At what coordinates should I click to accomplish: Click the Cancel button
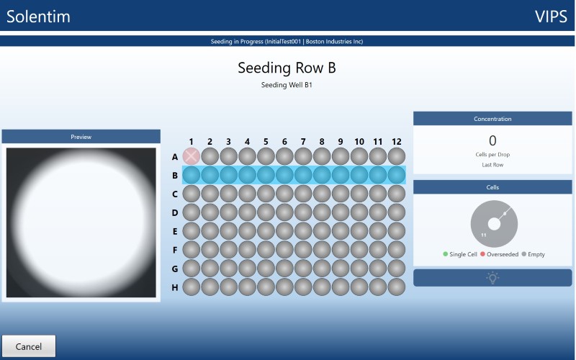point(29,346)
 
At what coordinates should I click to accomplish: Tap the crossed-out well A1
point(192,156)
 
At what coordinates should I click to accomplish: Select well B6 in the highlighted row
point(284,175)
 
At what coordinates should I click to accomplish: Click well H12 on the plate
point(397,287)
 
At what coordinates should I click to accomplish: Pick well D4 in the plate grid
point(247,212)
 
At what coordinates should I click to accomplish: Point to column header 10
point(359,142)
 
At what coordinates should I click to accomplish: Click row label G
point(175,269)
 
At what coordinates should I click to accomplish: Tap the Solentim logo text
point(38,17)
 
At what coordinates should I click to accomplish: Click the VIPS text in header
point(551,17)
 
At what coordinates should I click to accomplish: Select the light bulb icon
point(492,278)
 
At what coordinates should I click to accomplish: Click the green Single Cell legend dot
point(446,254)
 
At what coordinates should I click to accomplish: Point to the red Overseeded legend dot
point(482,254)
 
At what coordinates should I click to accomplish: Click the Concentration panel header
point(492,119)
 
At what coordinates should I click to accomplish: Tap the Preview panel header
point(81,137)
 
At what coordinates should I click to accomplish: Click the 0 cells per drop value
point(492,140)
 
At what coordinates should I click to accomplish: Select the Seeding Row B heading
point(287,68)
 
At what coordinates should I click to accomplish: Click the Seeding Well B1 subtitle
point(287,85)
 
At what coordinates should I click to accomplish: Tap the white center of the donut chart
point(494,224)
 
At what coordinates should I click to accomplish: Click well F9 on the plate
point(341,250)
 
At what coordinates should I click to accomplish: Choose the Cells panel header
point(492,187)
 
